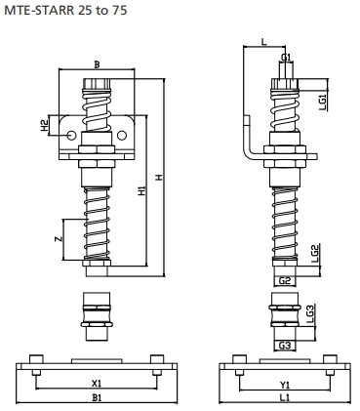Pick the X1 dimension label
(96, 384)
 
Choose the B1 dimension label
(96, 398)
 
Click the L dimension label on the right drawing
(262, 40)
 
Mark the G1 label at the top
(286, 58)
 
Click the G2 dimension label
(285, 281)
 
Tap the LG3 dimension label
(310, 314)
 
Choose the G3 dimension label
(285, 345)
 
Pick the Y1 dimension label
(284, 384)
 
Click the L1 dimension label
(284, 398)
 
